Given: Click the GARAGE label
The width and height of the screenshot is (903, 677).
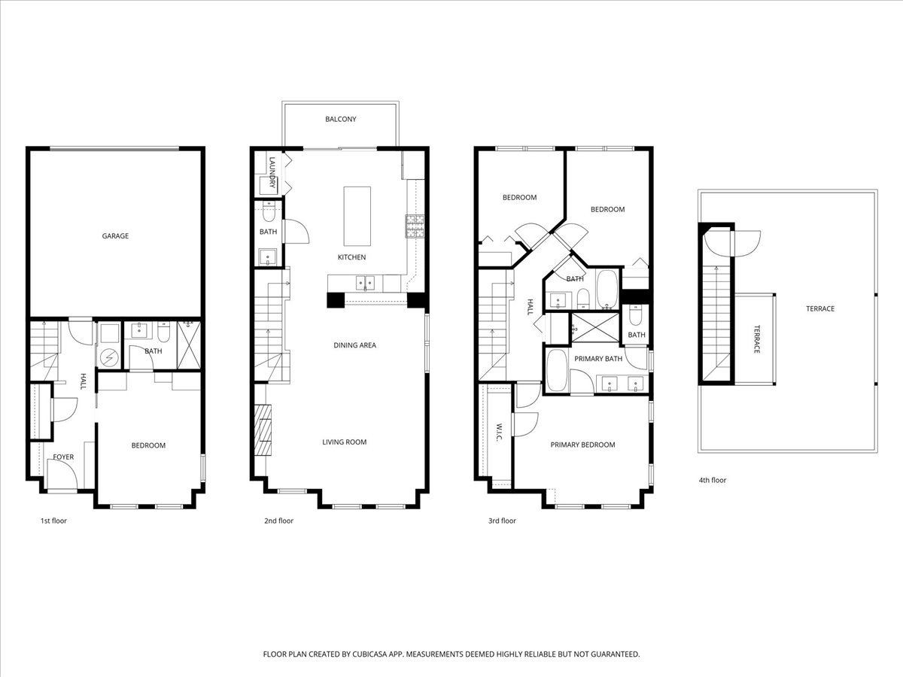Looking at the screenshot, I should tap(115, 236).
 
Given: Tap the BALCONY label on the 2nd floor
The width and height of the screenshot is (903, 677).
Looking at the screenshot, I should tap(340, 120).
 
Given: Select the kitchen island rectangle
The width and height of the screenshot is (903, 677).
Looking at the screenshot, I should tap(357, 216).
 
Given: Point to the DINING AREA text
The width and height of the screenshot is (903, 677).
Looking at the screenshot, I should tap(354, 346).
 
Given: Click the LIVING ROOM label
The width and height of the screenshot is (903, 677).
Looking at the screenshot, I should tap(344, 442).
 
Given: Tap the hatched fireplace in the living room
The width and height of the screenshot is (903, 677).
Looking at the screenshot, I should tap(261, 430).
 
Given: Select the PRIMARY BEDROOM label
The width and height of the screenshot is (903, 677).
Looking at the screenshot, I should tap(582, 445).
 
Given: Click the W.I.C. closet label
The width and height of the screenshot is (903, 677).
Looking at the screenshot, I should tap(499, 433).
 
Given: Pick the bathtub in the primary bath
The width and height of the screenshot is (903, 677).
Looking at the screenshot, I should tap(557, 370).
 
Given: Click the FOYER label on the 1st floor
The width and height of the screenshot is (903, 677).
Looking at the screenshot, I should tap(63, 457).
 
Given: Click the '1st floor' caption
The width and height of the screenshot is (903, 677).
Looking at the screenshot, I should tap(53, 521).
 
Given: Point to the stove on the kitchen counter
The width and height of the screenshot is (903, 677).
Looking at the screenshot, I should tap(414, 226).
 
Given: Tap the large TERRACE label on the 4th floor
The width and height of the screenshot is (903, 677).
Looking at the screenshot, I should tap(819, 309).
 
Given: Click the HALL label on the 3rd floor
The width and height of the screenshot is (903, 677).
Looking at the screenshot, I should tap(530, 306).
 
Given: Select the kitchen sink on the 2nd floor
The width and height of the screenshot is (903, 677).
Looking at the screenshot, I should tap(364, 284).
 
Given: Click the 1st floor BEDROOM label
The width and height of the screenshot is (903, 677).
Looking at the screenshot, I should tap(148, 446).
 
